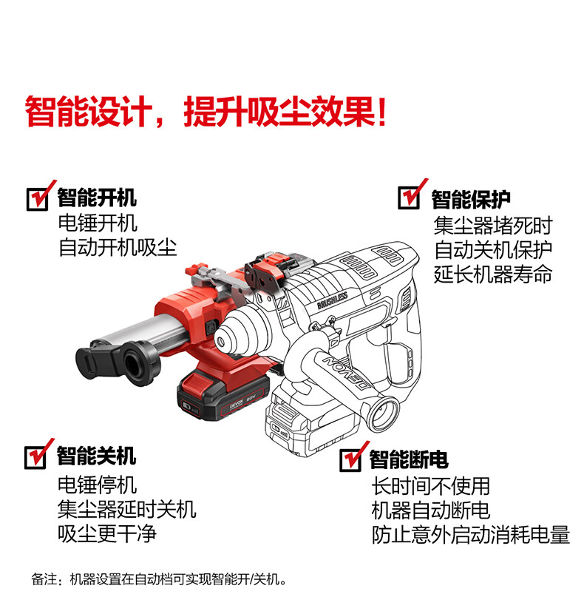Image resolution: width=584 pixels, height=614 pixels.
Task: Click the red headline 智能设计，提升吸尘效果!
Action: pos(206,112)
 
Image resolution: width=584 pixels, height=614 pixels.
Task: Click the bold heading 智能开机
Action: pos(97,198)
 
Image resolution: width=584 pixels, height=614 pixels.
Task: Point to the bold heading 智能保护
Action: pos(471,200)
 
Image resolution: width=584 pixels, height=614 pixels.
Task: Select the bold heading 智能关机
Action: pos(96,456)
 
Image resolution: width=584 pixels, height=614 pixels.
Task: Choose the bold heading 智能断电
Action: pos(409,459)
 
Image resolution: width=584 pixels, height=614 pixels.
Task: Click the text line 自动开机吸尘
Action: pos(118,248)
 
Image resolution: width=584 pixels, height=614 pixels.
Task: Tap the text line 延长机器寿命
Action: pos(493,274)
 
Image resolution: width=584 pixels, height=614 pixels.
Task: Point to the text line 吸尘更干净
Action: pos(107,533)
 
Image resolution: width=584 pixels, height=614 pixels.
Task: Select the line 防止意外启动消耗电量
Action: pos(471,535)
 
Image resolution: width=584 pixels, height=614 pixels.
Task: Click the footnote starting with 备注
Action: pos(159,579)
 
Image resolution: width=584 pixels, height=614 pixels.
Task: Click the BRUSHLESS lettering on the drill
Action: pos(333,300)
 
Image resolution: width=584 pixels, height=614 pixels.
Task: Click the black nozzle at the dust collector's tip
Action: pos(118,362)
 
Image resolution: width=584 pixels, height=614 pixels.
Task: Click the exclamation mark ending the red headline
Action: pos(382,112)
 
